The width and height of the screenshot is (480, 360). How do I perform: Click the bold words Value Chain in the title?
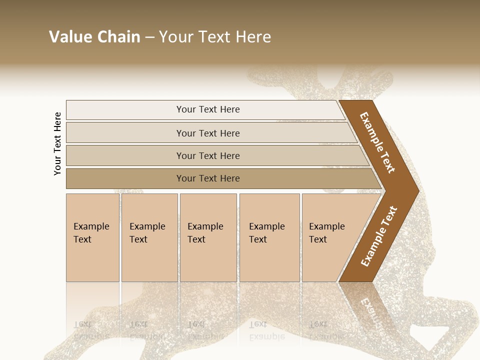coord(94,37)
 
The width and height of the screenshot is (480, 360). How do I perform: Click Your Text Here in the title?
coord(214,37)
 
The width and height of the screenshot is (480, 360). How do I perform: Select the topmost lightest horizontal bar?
coord(207,109)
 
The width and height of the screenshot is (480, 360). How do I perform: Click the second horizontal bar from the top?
coord(207,133)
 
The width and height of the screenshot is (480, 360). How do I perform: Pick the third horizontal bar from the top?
coord(207,155)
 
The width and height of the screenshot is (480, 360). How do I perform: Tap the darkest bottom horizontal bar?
coord(207,178)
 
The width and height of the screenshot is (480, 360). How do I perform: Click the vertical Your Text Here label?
coord(57,143)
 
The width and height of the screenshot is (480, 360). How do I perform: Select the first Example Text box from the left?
coord(92,237)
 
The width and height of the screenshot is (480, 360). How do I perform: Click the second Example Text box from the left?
coord(149,237)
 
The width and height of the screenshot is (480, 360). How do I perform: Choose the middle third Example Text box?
coord(208,237)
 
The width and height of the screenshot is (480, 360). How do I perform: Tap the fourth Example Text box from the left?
coord(269,237)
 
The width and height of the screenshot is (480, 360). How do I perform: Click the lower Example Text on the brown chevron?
coord(379,236)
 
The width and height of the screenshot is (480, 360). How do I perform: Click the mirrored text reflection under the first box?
coord(91,330)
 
